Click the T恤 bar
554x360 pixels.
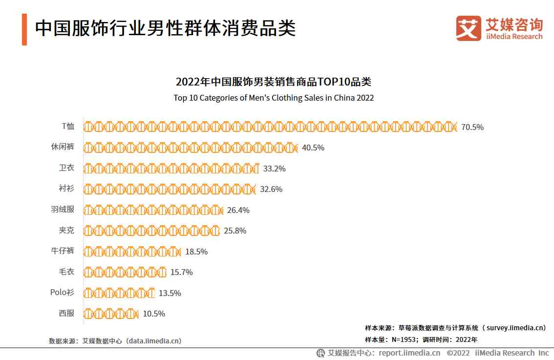click(270, 127)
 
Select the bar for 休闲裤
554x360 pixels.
click(191, 148)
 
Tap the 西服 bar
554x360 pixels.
click(111, 314)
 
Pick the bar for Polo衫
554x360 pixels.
click(119, 293)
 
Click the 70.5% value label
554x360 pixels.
click(472, 127)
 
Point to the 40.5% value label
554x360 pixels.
click(313, 148)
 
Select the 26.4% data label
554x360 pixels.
click(238, 210)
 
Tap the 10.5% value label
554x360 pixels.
click(154, 314)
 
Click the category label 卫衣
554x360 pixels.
click(66, 168)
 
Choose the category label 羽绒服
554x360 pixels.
click(63, 210)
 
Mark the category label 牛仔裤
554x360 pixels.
click(63, 251)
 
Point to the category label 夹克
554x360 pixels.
click(66, 230)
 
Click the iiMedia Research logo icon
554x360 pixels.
click(469, 28)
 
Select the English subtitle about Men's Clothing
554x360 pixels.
click(274, 98)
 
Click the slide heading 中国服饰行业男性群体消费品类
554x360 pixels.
click(165, 28)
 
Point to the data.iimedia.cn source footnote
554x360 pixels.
click(115, 341)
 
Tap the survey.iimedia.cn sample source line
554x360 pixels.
click(455, 328)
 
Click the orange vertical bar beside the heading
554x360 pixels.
click(24, 29)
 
